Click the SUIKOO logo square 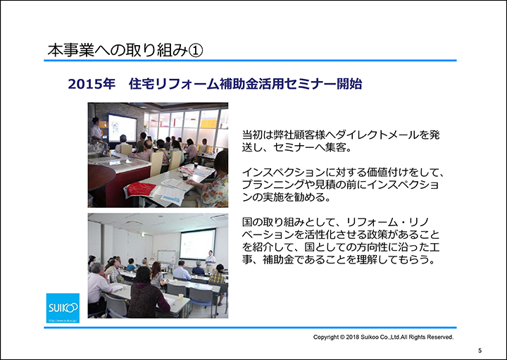click(63, 308)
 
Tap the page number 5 click(480, 351)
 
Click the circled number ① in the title click(196, 51)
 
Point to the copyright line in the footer click(383, 337)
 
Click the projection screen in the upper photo click(123, 128)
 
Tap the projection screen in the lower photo click(198, 244)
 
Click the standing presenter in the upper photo click(96, 130)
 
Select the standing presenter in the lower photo click(211, 261)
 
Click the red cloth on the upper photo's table click(141, 190)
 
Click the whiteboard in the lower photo click(167, 256)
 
